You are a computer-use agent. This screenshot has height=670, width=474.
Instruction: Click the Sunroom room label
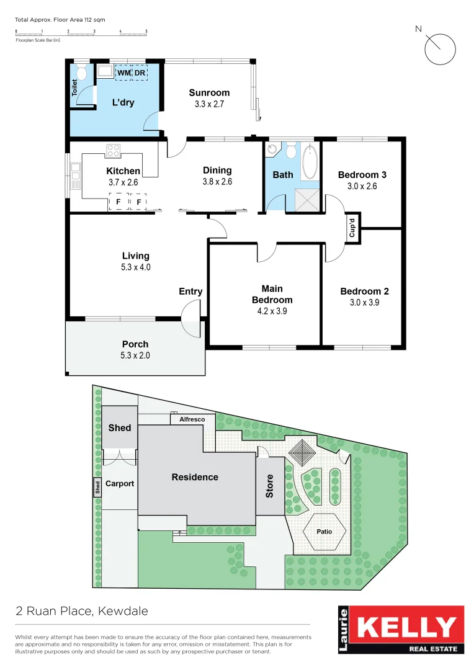[x=209, y=93]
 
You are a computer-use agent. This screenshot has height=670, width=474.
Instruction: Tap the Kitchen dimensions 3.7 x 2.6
[x=123, y=182]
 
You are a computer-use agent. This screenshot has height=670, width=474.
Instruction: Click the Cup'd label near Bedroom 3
[x=352, y=227]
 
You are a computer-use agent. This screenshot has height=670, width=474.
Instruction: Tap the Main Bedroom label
[x=272, y=294]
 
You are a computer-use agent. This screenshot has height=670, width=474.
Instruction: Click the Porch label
[x=135, y=344]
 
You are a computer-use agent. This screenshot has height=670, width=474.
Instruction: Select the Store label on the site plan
[x=269, y=486]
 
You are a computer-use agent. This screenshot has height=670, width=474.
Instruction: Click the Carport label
[x=119, y=483]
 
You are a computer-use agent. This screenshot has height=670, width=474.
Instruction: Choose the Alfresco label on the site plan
[x=192, y=419]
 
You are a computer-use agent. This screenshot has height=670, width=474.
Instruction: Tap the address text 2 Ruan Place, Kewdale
[x=82, y=611]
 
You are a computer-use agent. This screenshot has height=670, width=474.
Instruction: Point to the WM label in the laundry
[x=124, y=73]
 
